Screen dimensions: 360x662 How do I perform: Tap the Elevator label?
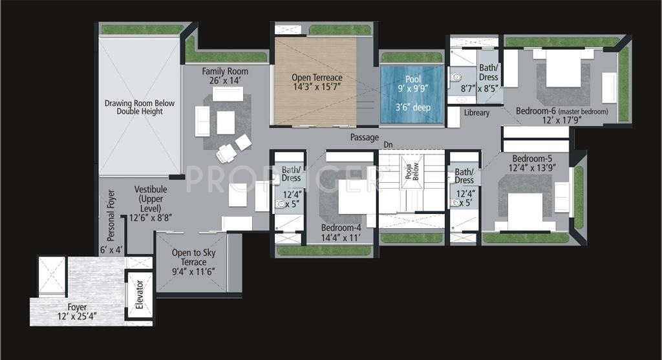pyautogui.click(x=139, y=293)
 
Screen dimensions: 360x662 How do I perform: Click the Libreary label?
pyautogui.click(x=477, y=112)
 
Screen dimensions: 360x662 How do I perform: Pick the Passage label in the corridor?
pyautogui.click(x=365, y=137)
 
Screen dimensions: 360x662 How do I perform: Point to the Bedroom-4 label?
pyautogui.click(x=341, y=233)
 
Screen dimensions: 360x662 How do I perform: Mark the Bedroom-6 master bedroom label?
pyautogui.click(x=561, y=115)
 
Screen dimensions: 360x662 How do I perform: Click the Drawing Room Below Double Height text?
pyautogui.click(x=140, y=107)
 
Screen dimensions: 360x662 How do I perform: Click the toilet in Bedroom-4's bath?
pyautogui.click(x=281, y=204)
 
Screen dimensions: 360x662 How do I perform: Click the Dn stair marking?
pyautogui.click(x=388, y=145)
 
